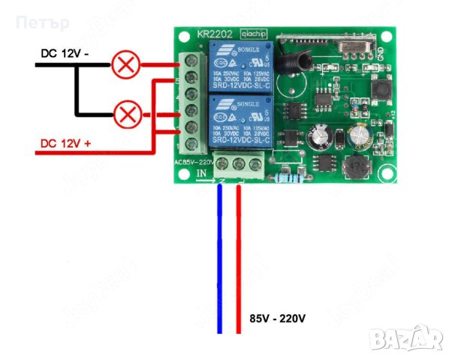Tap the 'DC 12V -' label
(x=65, y=54)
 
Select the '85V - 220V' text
(x=277, y=319)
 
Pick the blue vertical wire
(x=221, y=262)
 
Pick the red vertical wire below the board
(x=240, y=262)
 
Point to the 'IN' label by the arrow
(x=201, y=174)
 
